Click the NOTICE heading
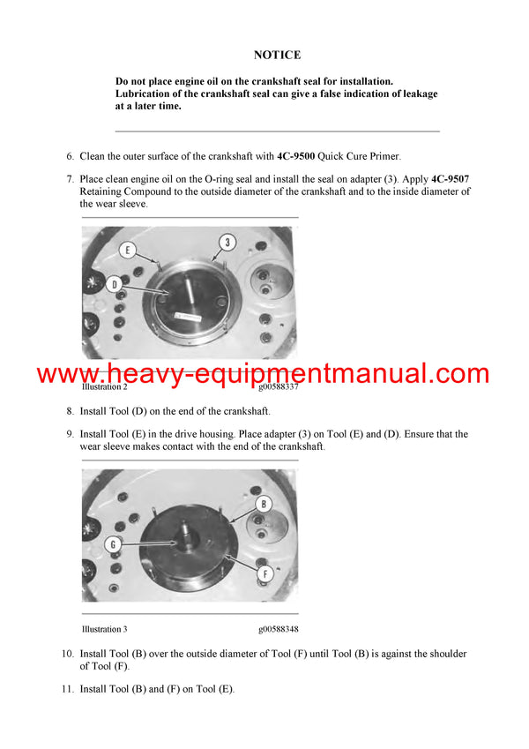pyautogui.click(x=277, y=55)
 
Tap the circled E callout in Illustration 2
pyautogui.click(x=128, y=251)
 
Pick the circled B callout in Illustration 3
pyautogui.click(x=263, y=505)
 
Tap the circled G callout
pyautogui.click(x=113, y=544)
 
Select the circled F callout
pyautogui.click(x=263, y=573)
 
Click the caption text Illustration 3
pyautogui.click(x=104, y=629)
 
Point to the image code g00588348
pyautogui.click(x=279, y=629)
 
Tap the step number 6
pyautogui.click(x=70, y=156)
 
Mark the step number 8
pyautogui.click(x=70, y=411)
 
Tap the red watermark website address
pyautogui.click(x=263, y=373)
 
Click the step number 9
pyautogui.click(x=70, y=434)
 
